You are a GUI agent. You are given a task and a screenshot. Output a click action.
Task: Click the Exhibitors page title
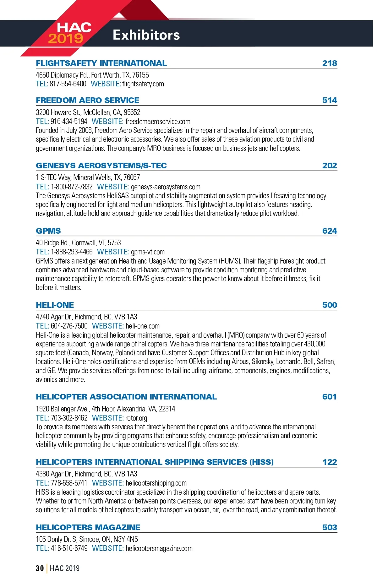point(146,35)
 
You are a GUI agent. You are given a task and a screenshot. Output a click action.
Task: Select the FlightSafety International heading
point(101,63)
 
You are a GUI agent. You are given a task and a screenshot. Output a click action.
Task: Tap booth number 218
point(330,63)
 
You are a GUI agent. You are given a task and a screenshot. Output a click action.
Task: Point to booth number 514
point(330,101)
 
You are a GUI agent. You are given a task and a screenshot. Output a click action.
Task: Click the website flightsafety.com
point(143,84)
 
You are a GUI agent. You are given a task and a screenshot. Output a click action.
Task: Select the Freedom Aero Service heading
point(87,101)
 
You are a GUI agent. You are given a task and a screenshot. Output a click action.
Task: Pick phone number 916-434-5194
point(69,122)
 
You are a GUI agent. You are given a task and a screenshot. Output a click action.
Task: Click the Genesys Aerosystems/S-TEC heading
point(101,166)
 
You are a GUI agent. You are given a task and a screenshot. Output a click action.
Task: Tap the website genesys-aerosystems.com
point(166,187)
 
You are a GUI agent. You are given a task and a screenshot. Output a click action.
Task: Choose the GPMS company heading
point(48,231)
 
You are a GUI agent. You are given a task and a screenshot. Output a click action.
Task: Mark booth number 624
point(330,231)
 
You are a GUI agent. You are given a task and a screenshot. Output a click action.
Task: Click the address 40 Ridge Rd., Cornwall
point(78,243)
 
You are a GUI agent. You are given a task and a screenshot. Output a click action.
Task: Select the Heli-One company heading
point(55,305)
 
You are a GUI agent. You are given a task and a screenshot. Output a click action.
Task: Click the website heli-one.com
point(142,326)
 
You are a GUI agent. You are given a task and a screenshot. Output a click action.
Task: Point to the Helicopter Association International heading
point(126,397)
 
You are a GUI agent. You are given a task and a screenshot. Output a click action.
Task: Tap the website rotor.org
point(136,418)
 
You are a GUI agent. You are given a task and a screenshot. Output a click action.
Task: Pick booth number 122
point(330,462)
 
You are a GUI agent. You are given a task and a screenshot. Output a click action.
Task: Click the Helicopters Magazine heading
point(88,527)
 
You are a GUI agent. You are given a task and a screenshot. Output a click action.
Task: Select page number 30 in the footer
point(40,568)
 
